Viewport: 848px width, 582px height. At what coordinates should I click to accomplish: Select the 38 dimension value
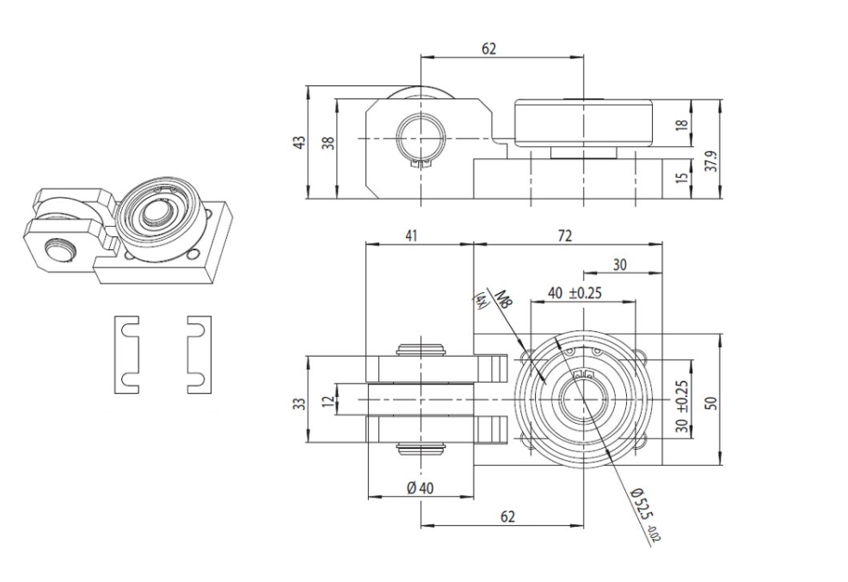328,144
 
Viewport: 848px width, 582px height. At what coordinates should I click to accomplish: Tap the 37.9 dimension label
711,161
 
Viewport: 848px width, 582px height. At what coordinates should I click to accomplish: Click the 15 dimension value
682,179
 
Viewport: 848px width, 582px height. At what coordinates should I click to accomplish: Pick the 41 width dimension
413,235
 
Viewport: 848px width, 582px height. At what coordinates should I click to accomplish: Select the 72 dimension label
565,235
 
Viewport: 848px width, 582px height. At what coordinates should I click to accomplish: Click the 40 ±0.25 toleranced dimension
575,292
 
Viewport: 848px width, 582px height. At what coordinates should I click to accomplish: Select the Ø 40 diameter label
421,487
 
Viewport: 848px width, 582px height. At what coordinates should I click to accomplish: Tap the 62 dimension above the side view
489,49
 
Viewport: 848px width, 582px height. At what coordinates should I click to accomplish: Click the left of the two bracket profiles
127,354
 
